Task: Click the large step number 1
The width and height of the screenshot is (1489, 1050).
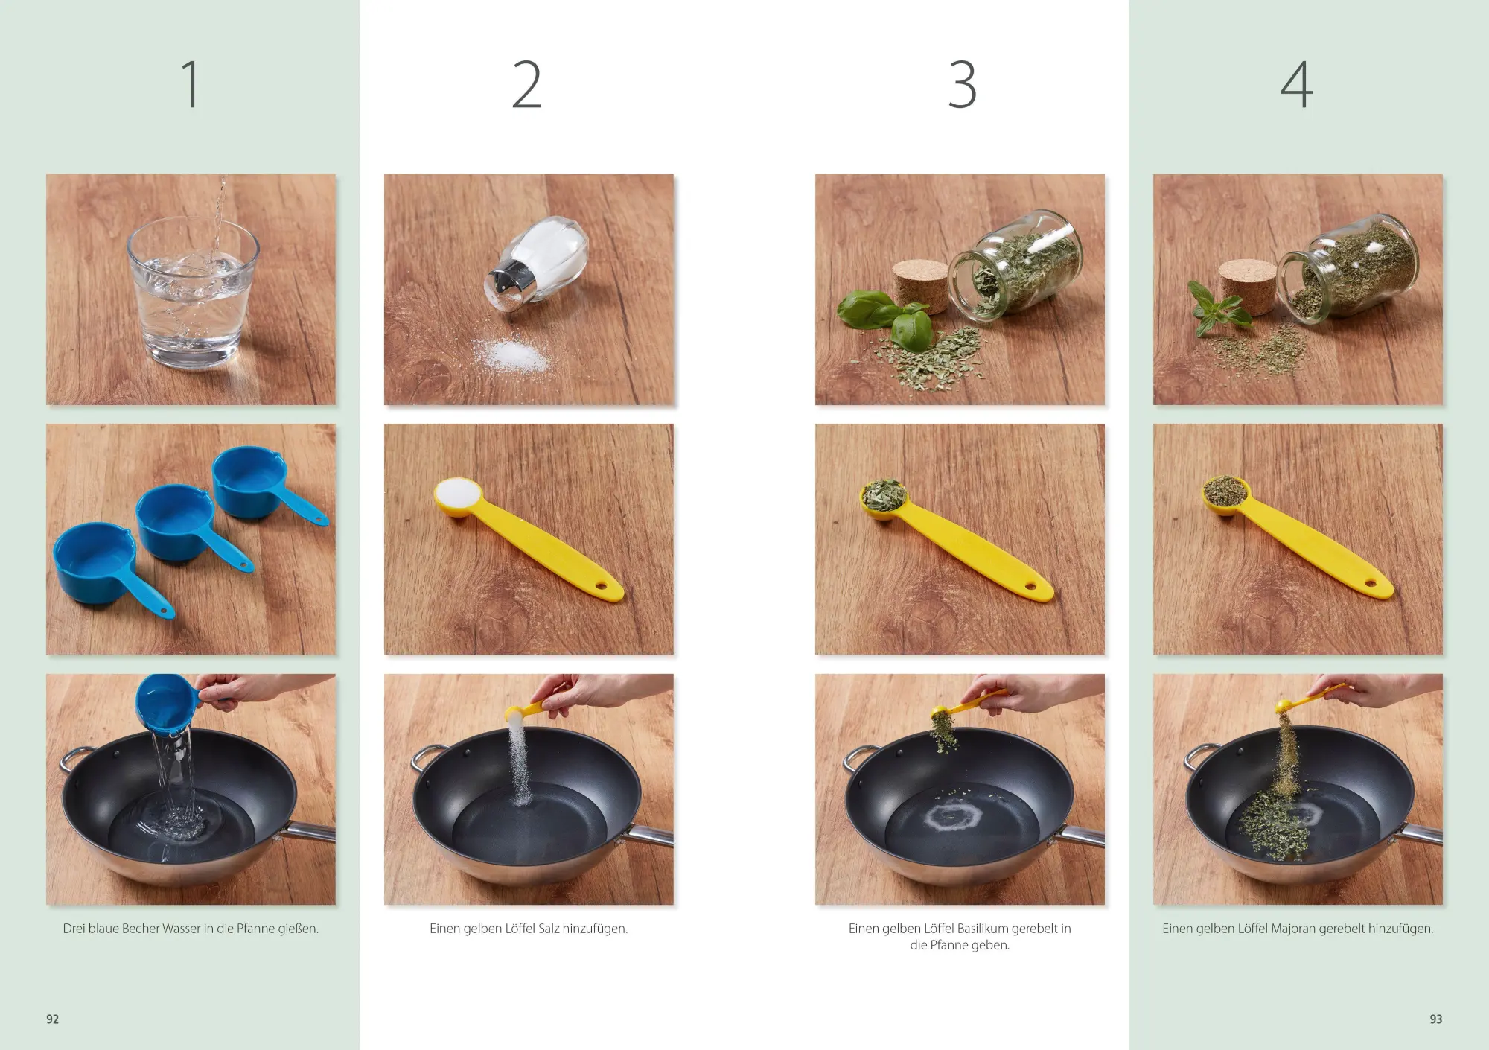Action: (x=191, y=84)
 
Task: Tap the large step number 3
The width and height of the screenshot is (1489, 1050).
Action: (x=962, y=84)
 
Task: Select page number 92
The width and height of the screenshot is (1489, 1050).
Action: (x=52, y=1019)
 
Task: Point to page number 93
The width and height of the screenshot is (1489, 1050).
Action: (x=1435, y=1019)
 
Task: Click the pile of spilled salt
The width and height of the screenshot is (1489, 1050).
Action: (x=514, y=356)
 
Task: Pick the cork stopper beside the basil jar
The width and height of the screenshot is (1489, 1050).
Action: (x=920, y=285)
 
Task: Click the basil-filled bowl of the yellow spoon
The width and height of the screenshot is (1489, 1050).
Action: (x=884, y=496)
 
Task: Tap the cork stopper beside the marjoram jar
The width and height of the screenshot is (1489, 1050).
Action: (x=1249, y=287)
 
